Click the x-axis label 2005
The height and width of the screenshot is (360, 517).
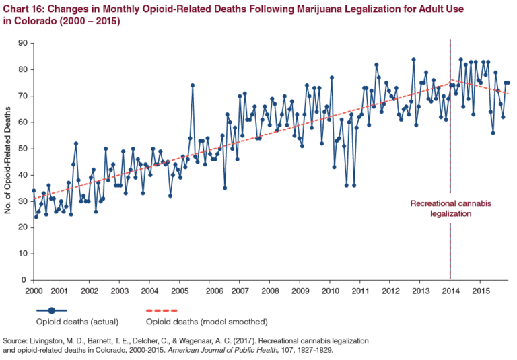coord(179,291)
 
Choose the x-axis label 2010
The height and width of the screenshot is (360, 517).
coord(330,291)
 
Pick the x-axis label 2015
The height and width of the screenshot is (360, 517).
coord(481,291)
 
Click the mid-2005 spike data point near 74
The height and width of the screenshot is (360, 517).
coord(193,85)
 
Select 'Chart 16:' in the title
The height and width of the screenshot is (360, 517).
coord(24,8)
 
